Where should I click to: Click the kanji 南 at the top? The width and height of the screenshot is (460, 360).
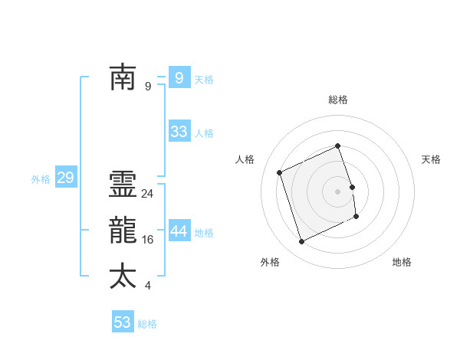123,77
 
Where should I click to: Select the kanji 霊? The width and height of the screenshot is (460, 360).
123,186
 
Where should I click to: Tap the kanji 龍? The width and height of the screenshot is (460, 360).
123,231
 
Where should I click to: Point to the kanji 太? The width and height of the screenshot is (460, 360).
123,277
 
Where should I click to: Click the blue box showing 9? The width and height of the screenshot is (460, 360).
179,77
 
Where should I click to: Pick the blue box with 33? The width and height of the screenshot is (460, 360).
179,132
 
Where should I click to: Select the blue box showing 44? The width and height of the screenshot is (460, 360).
179,231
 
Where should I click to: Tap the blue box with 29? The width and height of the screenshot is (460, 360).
65,178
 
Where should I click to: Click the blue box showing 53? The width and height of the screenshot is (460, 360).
123,322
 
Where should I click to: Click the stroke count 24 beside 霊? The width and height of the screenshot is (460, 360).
148,194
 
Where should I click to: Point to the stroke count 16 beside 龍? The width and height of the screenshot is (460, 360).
148,240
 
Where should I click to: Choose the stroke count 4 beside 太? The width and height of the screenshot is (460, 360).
147,286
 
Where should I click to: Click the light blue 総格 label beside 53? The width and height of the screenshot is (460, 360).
147,324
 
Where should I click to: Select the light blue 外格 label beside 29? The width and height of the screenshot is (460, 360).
41,179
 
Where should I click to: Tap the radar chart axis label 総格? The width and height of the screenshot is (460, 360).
338,100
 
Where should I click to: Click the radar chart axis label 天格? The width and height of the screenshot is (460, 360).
432,159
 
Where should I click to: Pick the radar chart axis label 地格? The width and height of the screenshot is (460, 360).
402,262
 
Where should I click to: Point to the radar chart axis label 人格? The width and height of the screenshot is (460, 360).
245,159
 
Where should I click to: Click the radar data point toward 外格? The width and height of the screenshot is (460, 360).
301,242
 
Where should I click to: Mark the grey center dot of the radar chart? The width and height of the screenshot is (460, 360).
338,191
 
